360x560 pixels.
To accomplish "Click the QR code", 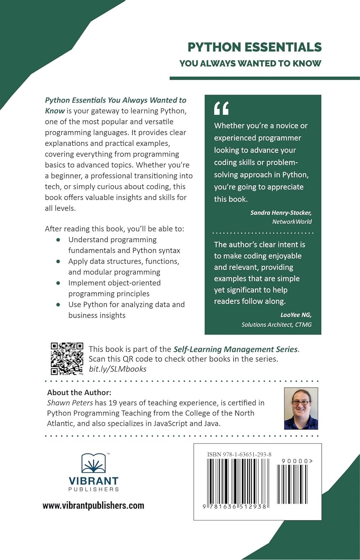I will pos(67,358).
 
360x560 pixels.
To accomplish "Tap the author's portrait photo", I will pos(301,408).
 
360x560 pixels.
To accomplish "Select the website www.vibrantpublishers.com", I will pos(93,505).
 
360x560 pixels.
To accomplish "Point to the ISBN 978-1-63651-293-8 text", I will pos(239,454).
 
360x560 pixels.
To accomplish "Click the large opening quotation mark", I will pos(221,108).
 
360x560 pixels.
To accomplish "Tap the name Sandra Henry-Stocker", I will pos(281,212).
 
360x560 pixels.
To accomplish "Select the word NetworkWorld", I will pos(292,222).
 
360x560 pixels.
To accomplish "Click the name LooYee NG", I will pos(296,315).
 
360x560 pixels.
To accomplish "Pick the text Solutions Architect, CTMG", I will pos(276,324).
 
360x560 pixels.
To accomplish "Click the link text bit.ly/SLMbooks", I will pos(118,369).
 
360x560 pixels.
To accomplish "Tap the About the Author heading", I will pos(79,392).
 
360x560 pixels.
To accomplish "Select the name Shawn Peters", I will pos(70,403).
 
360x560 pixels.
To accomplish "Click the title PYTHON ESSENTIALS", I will pos(254,47).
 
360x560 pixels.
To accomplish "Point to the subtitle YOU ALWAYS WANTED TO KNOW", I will pos(250,63).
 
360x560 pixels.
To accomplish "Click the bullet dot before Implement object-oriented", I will pos(58,283).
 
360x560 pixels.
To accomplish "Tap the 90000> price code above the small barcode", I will pos(297,461).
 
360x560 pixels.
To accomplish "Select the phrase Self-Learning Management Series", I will pos(236,349).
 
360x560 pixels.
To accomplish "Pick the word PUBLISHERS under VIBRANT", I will pos(93,489).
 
